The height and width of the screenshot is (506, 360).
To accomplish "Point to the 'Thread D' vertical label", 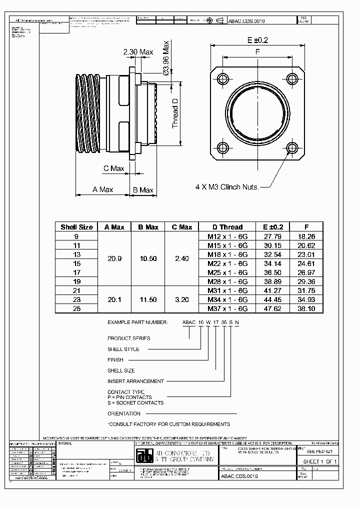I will point(175,113).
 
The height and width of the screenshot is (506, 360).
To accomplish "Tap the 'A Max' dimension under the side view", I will point(102,189).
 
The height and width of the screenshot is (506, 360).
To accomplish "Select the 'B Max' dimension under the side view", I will point(143,190).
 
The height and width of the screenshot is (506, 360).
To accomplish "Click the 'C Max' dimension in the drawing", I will point(113,168).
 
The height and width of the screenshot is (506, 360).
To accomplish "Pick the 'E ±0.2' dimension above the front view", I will point(257,40).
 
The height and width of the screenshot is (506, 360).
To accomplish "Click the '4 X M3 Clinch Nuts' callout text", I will point(227,187).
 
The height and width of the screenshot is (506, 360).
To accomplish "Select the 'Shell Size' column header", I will point(76,227).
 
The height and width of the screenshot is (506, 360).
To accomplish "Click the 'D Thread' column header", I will point(227,227).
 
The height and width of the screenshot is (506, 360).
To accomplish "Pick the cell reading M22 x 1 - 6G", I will point(227,262).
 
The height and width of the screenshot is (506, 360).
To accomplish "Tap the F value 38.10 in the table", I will point(306,308).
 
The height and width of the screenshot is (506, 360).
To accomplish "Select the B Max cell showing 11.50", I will point(147,299).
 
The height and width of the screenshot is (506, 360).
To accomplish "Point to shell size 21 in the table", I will point(76,290).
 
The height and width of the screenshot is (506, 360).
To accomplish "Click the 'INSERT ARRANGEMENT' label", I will point(135,381).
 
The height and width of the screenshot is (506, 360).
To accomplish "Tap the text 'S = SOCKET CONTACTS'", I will point(135,402).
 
